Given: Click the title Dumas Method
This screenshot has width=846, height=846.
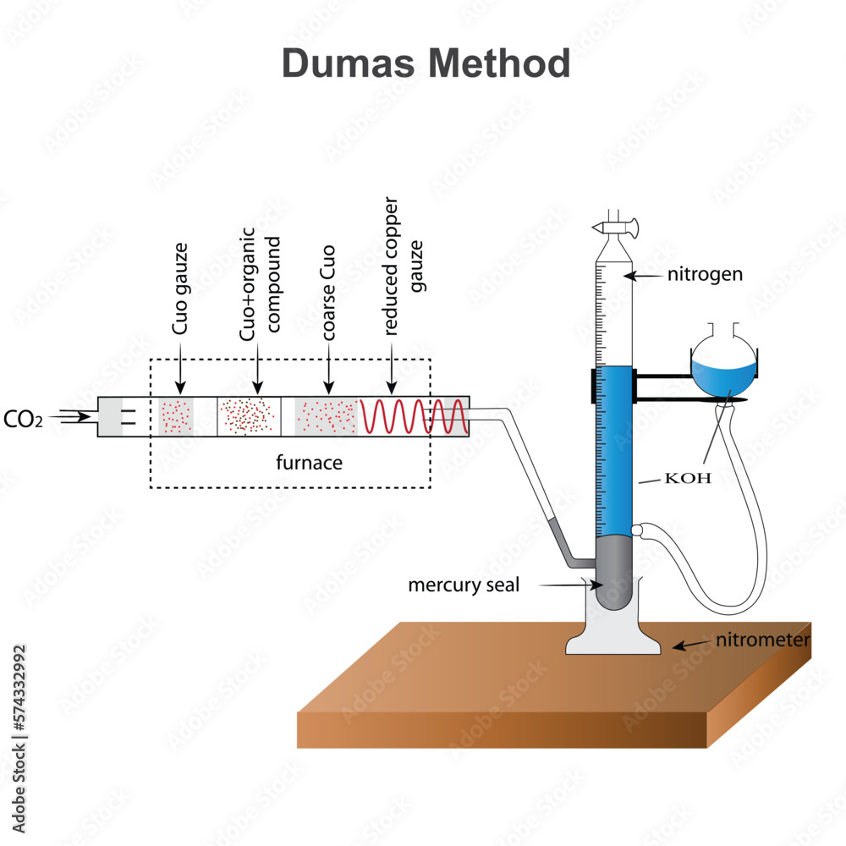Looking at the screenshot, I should [426, 63].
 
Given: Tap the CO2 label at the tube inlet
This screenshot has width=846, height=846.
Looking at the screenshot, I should [23, 418].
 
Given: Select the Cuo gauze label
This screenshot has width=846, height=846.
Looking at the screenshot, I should [179, 288].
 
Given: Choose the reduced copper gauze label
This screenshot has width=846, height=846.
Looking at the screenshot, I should [403, 266].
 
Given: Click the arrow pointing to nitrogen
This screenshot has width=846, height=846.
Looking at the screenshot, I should [645, 275].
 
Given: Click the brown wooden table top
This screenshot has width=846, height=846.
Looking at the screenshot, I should [508, 668].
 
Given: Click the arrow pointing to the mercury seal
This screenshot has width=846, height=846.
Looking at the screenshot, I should [567, 585].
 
